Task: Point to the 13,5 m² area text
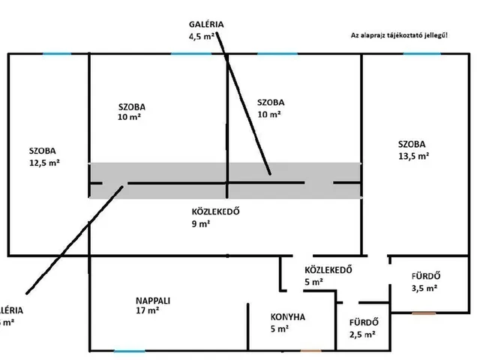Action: point(414,156)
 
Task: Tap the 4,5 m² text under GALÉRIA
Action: point(204,35)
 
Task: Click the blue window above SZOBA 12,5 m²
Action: point(57,53)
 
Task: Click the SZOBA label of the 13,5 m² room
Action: point(412,145)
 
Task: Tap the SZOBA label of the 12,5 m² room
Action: point(43,150)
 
